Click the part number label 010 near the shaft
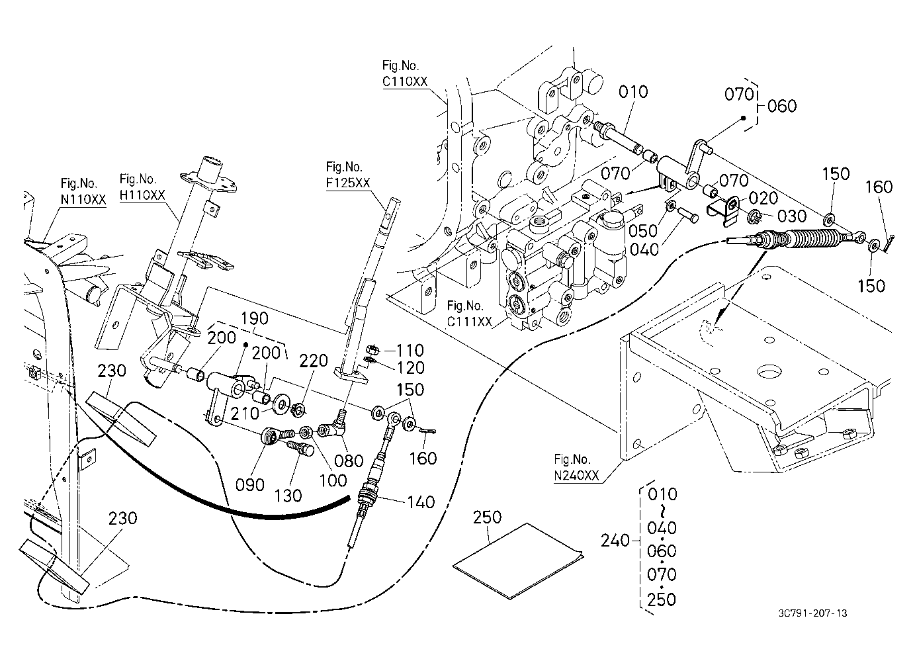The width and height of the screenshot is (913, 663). (x=633, y=92)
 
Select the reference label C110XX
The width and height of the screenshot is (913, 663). (x=405, y=82)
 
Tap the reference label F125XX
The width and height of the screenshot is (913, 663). (x=348, y=183)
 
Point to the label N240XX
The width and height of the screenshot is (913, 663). (x=577, y=476)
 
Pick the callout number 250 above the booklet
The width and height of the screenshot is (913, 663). (x=487, y=517)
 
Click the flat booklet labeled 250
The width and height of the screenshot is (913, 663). (x=518, y=561)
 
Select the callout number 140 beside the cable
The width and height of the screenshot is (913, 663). (x=421, y=502)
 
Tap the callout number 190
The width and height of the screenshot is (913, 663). (x=254, y=318)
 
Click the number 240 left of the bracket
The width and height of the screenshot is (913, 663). (x=615, y=541)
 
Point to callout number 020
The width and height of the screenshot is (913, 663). (x=763, y=199)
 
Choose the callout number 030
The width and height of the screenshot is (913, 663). (x=792, y=216)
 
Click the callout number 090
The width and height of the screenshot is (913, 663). (x=250, y=485)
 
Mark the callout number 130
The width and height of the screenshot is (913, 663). (x=288, y=496)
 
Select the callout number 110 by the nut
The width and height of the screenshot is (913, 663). (x=410, y=350)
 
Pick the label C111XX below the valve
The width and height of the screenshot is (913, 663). (x=470, y=322)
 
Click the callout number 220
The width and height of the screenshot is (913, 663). (x=314, y=361)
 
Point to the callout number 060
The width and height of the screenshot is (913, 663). (x=782, y=107)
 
